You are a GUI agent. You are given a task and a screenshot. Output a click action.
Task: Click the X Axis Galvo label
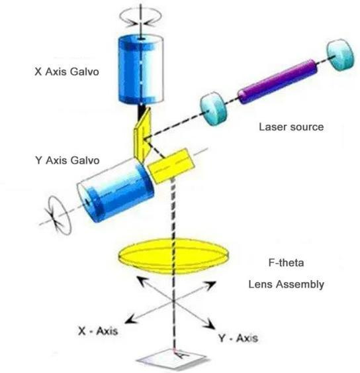[x=67, y=72]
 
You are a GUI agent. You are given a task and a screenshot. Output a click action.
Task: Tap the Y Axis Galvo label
[x=67, y=160]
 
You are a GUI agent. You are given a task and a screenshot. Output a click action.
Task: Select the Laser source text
[x=291, y=127]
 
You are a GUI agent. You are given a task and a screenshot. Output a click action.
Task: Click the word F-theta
[x=286, y=262]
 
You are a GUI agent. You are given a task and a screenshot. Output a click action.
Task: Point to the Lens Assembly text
[x=286, y=284]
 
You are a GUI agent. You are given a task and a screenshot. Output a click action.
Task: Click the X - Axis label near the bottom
[x=98, y=331]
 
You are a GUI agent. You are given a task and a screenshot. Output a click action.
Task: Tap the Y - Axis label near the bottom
[x=238, y=338]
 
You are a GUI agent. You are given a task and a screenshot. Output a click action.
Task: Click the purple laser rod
[x=277, y=81]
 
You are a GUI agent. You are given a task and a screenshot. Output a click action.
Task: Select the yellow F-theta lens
[x=173, y=256]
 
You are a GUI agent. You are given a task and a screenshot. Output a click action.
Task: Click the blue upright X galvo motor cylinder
[x=141, y=70]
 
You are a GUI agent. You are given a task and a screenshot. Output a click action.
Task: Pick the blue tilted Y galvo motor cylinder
[x=116, y=191]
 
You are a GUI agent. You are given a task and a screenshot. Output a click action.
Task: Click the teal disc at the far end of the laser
[x=340, y=55]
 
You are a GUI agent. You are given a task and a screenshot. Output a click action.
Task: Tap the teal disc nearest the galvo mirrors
[x=213, y=109]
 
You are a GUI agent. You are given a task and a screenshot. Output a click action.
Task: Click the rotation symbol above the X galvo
[x=140, y=17]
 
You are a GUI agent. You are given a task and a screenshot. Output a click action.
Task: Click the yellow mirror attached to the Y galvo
[x=171, y=166]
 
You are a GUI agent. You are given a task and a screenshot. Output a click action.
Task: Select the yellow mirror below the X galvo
[x=142, y=135]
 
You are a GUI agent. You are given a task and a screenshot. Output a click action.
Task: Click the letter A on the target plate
[x=182, y=354]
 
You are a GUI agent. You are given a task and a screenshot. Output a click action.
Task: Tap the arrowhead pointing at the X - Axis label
[x=130, y=319]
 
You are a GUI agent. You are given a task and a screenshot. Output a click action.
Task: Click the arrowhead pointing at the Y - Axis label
[x=209, y=323]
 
